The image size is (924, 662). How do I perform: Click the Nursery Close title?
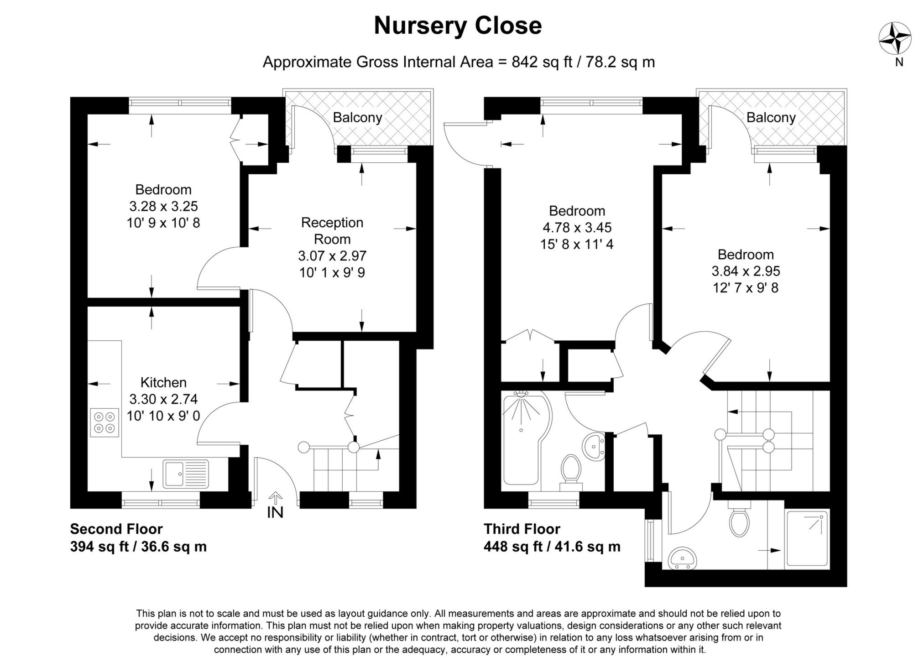[458, 26]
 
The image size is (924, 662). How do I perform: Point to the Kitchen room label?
[163, 382]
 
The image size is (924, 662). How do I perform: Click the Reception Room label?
[332, 230]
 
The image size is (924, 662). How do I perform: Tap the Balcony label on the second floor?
[357, 118]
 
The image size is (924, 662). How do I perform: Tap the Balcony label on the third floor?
[771, 118]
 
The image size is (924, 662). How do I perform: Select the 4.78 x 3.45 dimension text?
[577, 227]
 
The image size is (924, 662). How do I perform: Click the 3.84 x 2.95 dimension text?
[746, 271]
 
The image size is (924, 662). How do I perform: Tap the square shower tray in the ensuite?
[807, 539]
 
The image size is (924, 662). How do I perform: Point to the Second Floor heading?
[116, 529]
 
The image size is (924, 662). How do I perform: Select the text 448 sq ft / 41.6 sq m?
[552, 546]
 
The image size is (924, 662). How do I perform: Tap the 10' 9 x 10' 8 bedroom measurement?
[163, 223]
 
